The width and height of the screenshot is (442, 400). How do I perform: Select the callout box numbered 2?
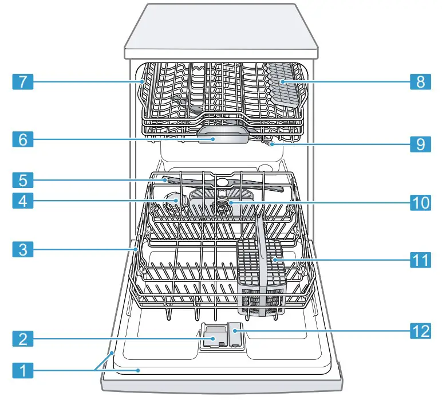tap(22, 339)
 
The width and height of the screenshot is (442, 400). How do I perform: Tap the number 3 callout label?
tap(22, 249)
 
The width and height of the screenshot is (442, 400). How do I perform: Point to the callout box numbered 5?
tap(22, 179)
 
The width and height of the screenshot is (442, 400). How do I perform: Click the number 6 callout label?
tap(22, 139)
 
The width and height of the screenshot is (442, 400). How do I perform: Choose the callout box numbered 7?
tap(22, 82)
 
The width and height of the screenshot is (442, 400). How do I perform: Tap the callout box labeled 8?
tap(420, 82)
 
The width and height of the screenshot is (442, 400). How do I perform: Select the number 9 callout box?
tap(420, 144)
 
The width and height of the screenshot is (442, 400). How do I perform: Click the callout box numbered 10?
tap(420, 201)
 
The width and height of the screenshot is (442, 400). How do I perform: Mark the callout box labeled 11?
tap(420, 260)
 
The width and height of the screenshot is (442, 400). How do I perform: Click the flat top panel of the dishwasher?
tap(221, 26)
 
